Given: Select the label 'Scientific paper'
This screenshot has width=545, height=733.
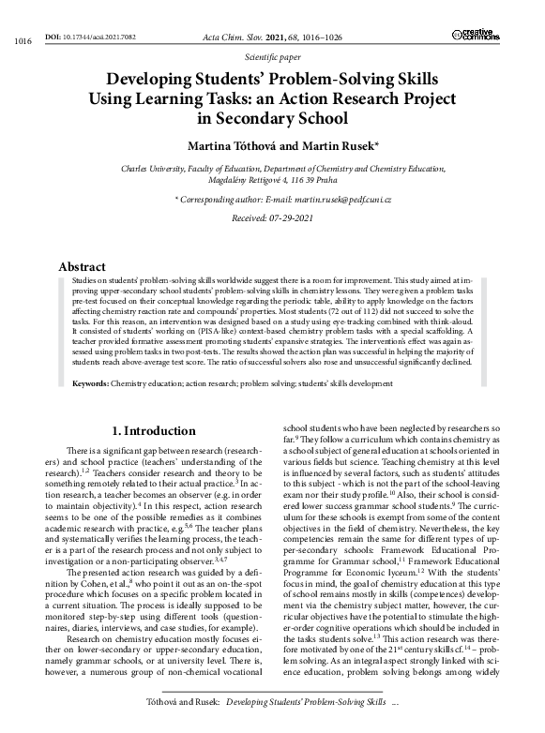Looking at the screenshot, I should [272, 56].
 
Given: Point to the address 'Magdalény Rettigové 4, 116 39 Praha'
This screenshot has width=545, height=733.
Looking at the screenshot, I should [272, 181].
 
